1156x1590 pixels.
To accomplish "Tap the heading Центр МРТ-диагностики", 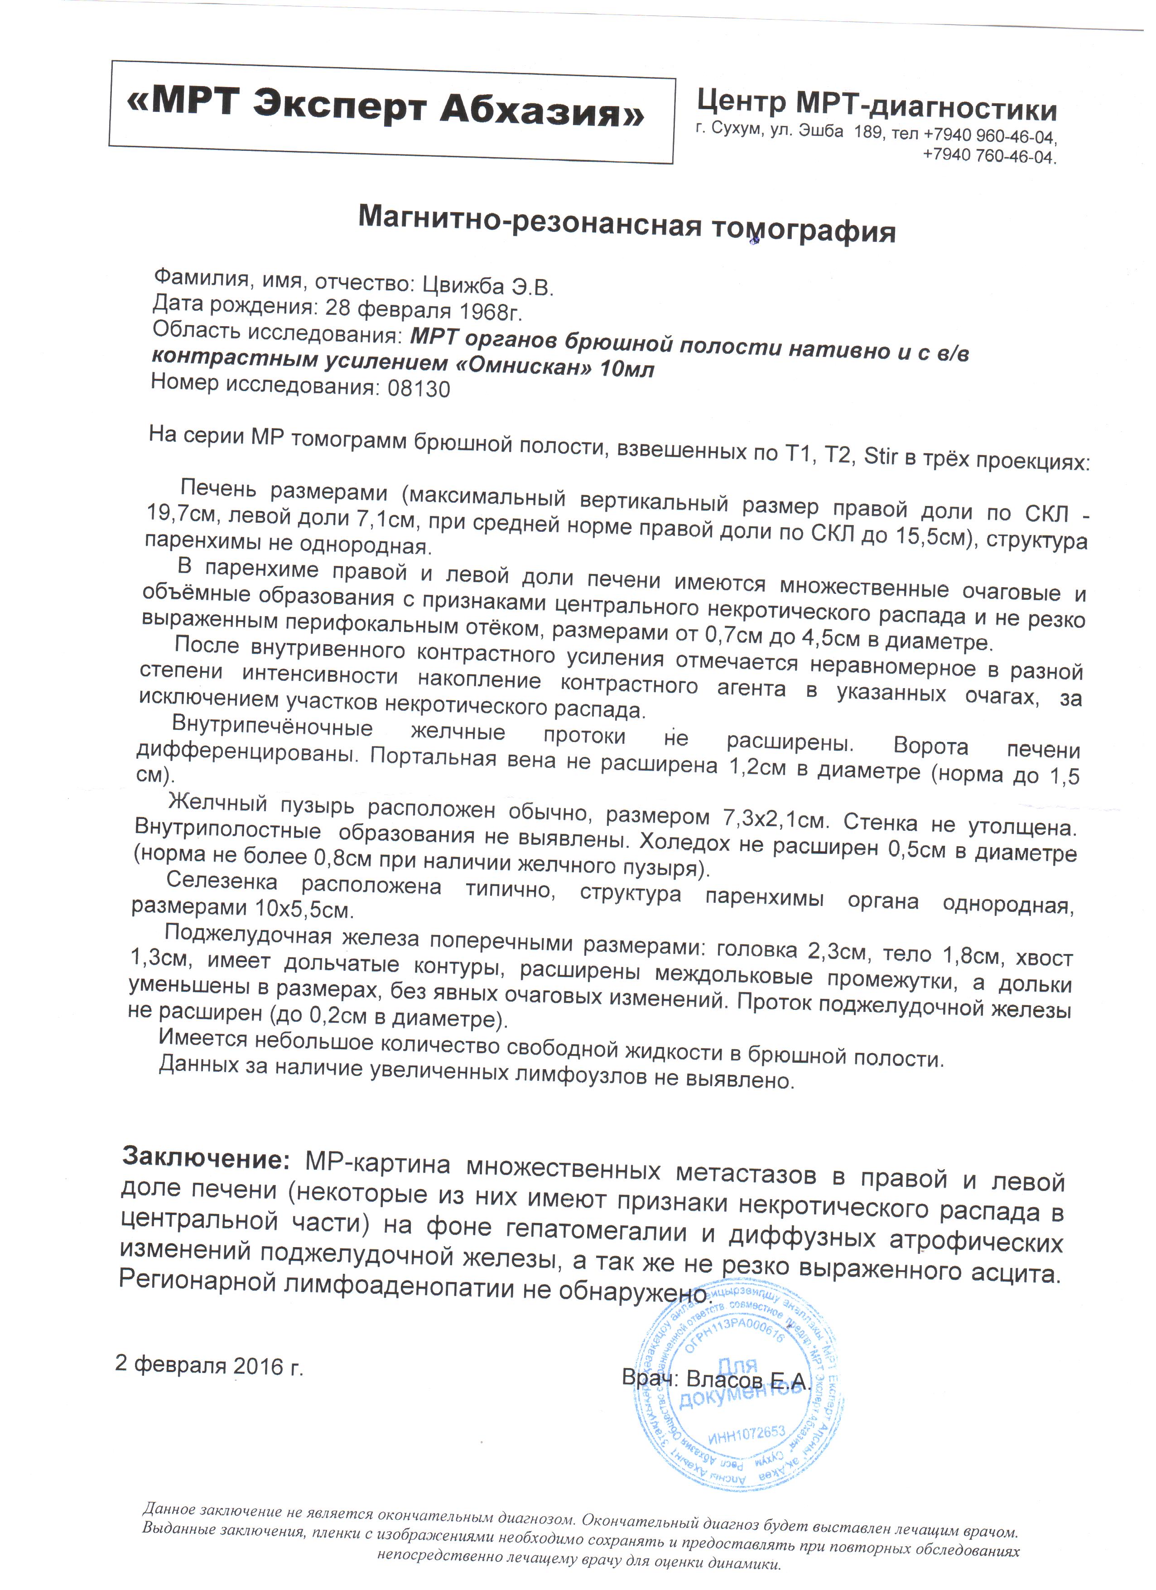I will [877, 106].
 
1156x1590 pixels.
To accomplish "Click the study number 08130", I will [419, 388].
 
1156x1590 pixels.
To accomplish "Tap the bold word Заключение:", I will [205, 1158].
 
